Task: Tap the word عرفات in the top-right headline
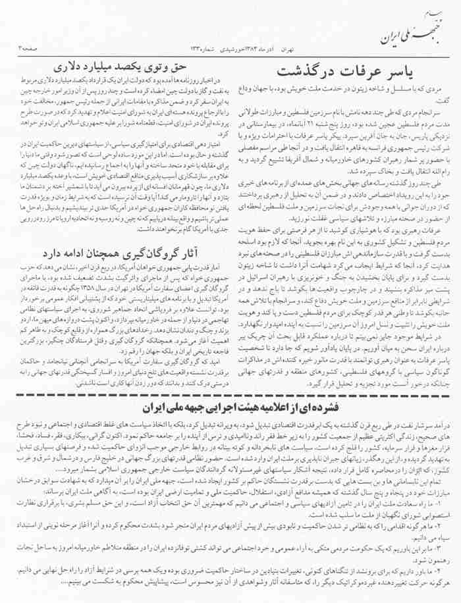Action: click(363, 71)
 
